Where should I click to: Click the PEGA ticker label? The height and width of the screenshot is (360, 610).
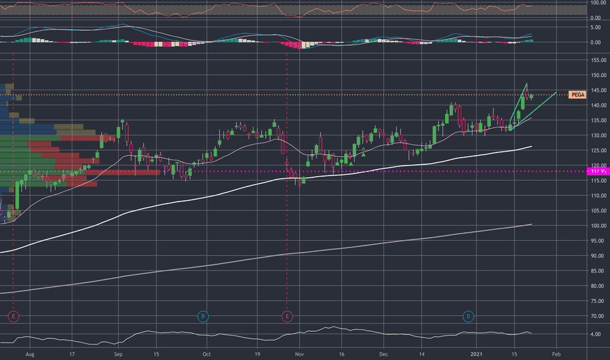click(x=577, y=94)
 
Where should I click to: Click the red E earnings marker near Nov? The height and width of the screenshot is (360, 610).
click(x=287, y=317)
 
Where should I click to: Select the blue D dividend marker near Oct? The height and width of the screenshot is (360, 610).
click(x=204, y=317)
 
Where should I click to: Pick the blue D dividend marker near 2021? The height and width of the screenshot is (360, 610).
click(x=469, y=317)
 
